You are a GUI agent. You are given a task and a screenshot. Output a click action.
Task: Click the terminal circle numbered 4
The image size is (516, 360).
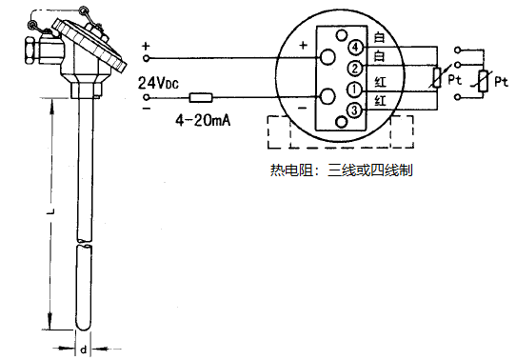[355, 46]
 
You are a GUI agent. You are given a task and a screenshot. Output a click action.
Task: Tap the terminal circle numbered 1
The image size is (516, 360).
[353, 90]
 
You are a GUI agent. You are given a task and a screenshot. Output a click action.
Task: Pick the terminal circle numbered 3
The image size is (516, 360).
[353, 111]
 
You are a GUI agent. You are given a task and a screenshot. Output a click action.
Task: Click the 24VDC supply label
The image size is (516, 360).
[158, 83]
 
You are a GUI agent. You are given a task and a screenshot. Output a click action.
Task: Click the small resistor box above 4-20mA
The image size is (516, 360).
[201, 97]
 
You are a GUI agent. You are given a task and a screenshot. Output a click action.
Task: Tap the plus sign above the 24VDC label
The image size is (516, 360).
[146, 46]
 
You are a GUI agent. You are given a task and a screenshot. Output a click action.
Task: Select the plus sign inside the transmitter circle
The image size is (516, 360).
[304, 45]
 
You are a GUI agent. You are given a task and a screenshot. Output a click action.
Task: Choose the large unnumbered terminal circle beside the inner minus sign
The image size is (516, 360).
[327, 96]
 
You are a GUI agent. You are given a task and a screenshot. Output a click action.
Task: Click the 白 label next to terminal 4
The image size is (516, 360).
[380, 38]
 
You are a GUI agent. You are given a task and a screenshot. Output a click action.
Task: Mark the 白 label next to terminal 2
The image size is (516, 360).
[380, 59]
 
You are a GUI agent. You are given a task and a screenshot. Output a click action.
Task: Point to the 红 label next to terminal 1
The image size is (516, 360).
[380, 83]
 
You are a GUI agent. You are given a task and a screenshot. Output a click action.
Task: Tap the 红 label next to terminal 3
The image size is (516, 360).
[380, 102]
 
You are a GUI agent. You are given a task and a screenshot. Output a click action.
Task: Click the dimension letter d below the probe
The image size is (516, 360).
[83, 350]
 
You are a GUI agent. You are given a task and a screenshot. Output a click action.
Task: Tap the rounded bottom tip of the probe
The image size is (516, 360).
[83, 324]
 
